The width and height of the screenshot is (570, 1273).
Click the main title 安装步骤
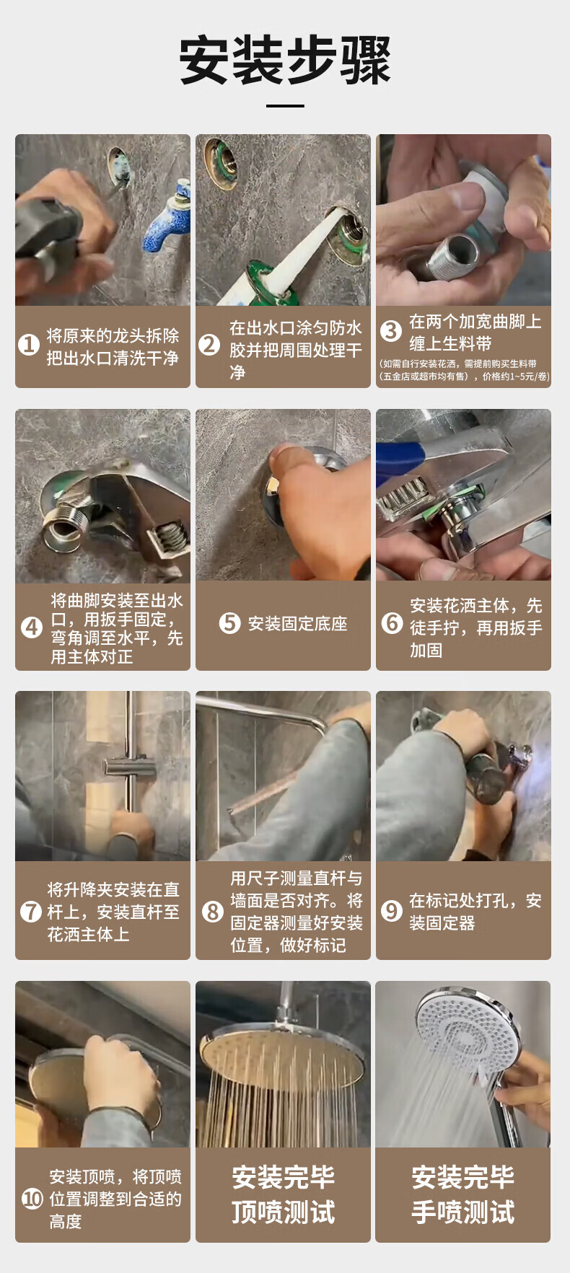285,60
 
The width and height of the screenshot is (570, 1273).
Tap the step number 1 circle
29,345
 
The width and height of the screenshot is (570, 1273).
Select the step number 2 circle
209,345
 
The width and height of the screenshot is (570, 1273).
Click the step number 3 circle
391,331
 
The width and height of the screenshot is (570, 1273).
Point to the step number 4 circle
32,627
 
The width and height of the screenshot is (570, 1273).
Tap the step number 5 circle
229,623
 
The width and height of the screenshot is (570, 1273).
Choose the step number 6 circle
392,622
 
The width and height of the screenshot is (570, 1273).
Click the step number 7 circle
31,912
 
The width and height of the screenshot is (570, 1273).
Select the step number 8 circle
212,912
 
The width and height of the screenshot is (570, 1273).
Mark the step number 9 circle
392,911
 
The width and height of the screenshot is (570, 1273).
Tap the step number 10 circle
32,1199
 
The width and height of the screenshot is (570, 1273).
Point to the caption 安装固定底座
297,624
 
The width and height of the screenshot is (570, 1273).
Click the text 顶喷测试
283,1212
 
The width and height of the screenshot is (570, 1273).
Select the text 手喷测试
463,1212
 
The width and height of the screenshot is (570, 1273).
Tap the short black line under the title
285,106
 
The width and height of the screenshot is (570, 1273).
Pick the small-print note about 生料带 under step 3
465,370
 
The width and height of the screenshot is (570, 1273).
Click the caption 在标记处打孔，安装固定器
475,912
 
